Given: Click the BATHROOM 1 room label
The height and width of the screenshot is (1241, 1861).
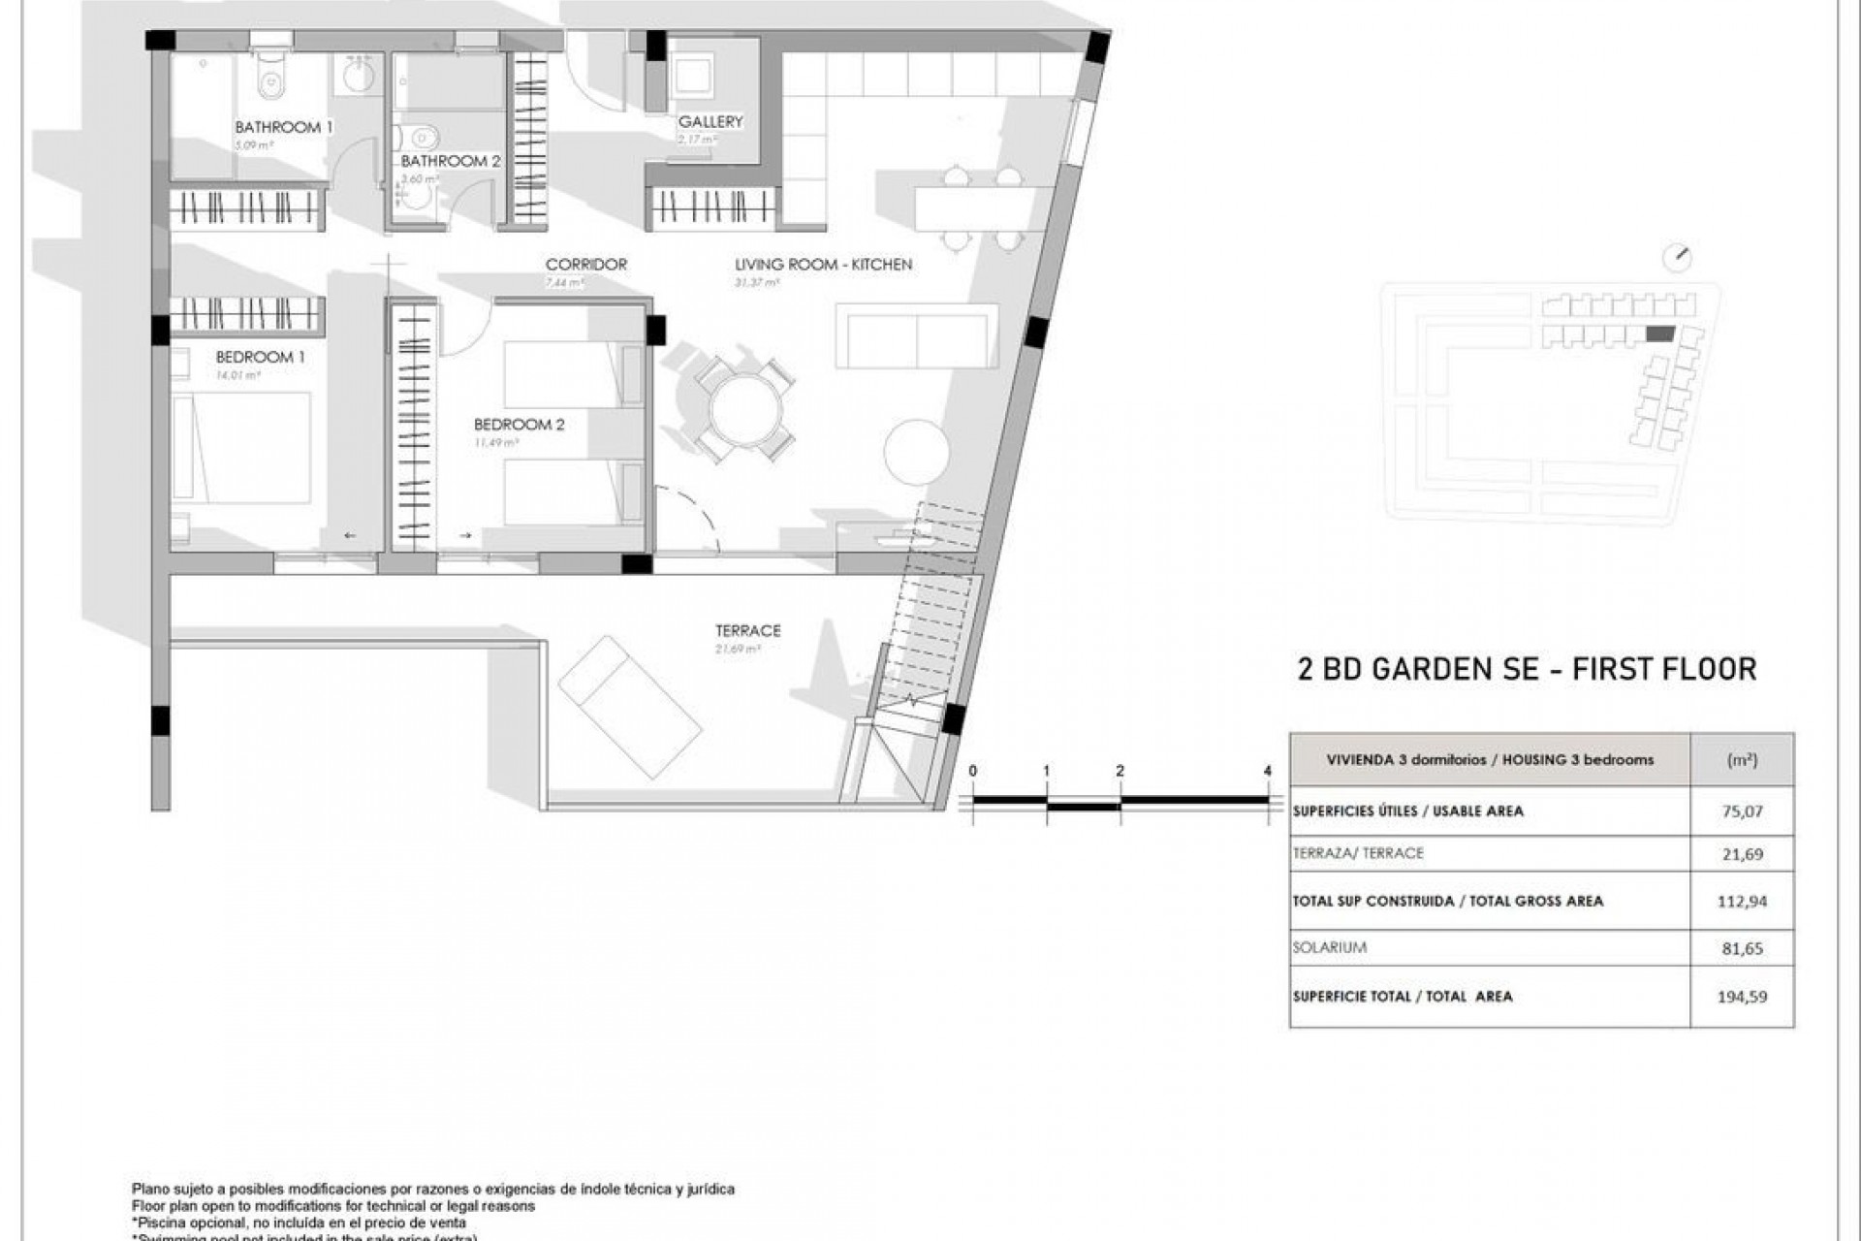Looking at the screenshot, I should [x=283, y=127].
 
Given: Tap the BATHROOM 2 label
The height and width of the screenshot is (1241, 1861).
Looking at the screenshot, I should [x=450, y=161].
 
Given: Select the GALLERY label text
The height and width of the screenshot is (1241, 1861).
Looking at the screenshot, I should [x=710, y=121].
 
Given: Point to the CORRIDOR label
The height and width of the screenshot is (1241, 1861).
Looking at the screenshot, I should [x=585, y=264].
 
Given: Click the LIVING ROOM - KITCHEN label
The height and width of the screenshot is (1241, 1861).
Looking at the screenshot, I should [x=823, y=264].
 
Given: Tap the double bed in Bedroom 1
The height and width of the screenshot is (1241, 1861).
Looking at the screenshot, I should [x=242, y=447].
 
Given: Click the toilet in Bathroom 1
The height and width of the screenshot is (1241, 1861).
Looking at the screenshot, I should [x=270, y=78].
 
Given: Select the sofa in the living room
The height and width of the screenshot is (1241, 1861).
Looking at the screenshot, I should [x=916, y=335].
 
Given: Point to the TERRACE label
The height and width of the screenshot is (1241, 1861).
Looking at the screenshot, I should [x=747, y=630].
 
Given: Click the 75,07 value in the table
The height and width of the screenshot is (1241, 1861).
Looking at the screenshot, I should [x=1742, y=811].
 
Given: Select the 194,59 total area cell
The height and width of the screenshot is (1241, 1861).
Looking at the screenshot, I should [x=1742, y=996].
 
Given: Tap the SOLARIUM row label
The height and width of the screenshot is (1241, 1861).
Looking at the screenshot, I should [x=1329, y=947].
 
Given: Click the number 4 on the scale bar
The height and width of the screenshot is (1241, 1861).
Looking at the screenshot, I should [x=1267, y=771].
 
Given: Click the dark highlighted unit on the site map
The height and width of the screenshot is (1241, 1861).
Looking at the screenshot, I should [x=1659, y=334].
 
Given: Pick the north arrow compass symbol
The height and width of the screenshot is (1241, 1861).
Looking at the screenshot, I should [x=1676, y=258].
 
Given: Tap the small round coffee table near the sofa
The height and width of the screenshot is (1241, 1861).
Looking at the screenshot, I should [x=916, y=451].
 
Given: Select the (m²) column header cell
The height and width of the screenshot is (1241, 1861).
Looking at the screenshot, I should [x=1742, y=760].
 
